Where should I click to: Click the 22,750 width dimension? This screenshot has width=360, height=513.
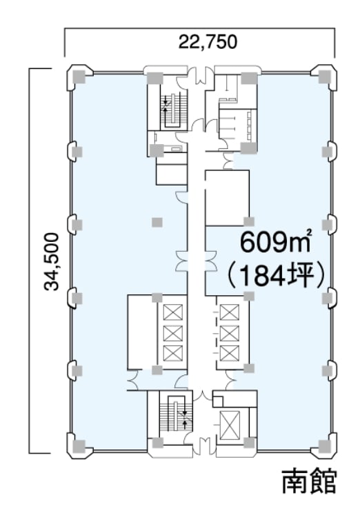[208, 42]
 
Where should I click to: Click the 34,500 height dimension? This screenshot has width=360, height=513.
[52, 261]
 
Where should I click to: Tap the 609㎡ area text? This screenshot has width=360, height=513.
[275, 243]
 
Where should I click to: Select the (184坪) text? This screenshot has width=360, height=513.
[275, 276]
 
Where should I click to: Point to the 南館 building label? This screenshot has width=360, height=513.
[309, 481]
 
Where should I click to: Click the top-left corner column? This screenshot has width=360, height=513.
[79, 77]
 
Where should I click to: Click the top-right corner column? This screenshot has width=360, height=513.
[326, 77]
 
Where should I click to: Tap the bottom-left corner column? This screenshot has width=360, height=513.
[79, 445]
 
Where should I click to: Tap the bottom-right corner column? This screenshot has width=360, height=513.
[326, 445]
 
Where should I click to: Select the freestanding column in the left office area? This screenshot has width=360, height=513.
[157, 223]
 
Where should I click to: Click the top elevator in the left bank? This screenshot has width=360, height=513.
[172, 312]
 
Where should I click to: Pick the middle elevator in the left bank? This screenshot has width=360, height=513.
[172, 333]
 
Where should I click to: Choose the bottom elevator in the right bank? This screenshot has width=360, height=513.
[230, 353]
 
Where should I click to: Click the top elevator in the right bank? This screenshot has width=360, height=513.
[230, 312]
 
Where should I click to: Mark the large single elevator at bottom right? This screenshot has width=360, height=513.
[230, 425]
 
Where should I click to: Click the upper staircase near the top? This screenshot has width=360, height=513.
[174, 108]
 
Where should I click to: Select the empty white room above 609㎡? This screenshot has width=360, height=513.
[227, 198]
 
